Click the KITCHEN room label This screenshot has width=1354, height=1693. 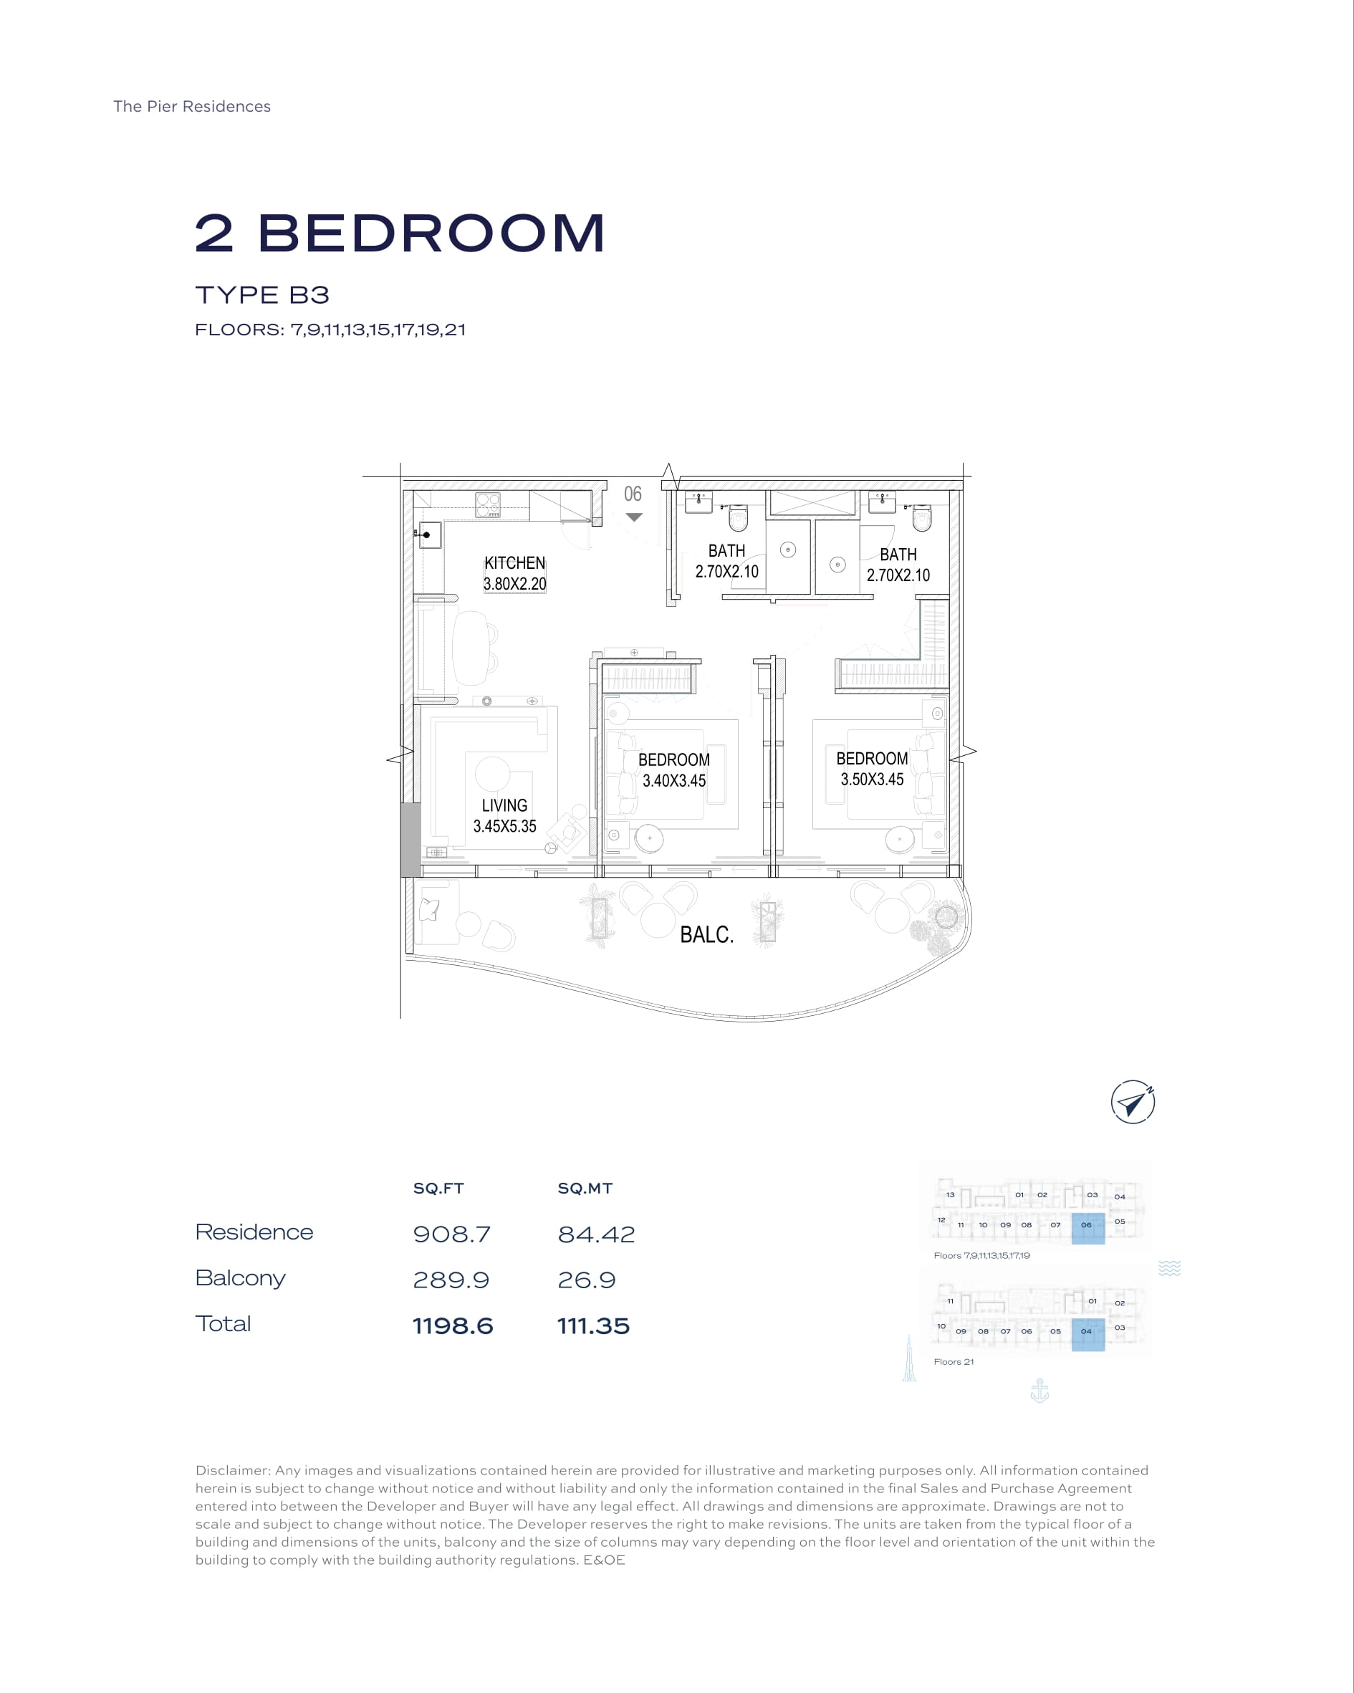pyautogui.click(x=514, y=563)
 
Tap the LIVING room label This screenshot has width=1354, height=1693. pyautogui.click(x=504, y=806)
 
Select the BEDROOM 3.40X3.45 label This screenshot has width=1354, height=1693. pyautogui.click(x=674, y=770)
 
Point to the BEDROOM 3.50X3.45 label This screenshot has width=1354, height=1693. pyautogui.click(x=872, y=769)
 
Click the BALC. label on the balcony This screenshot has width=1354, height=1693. pyautogui.click(x=707, y=934)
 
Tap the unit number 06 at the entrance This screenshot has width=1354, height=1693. pyautogui.click(x=633, y=494)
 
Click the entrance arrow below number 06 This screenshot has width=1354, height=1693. pyautogui.click(x=635, y=517)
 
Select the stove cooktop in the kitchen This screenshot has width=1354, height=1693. pyautogui.click(x=488, y=504)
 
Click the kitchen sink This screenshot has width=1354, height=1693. pyautogui.click(x=429, y=534)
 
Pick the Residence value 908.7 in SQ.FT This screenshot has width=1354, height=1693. pyautogui.click(x=451, y=1234)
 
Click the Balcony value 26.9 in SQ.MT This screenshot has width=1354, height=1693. pyautogui.click(x=587, y=1280)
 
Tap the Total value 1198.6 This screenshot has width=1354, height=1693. pyautogui.click(x=453, y=1326)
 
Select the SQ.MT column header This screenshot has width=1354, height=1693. pyautogui.click(x=585, y=1189)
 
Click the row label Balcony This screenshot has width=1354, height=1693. pyautogui.click(x=240, y=1279)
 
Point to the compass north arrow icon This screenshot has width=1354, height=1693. pyautogui.click(x=1133, y=1103)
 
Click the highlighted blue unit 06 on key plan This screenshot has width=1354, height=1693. pyautogui.click(x=1087, y=1228)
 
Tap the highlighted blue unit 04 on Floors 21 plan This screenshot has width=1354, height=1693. pyautogui.click(x=1087, y=1334)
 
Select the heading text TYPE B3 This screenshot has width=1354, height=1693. pyautogui.click(x=262, y=295)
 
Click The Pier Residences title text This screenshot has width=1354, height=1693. pyautogui.click(x=191, y=107)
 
